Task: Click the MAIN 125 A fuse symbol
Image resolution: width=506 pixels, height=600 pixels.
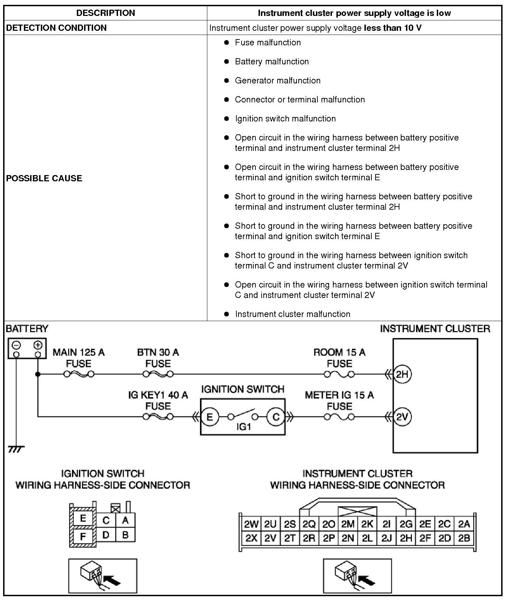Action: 79,374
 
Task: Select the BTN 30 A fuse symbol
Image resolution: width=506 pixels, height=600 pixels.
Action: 158,374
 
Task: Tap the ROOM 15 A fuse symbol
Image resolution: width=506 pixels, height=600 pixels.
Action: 339,374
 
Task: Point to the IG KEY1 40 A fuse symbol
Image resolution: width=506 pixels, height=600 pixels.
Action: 158,417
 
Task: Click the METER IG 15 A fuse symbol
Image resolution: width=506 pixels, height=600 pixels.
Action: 339,417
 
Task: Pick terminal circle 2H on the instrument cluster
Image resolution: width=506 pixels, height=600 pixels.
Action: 402,374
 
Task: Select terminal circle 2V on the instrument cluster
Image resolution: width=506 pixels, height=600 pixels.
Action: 402,417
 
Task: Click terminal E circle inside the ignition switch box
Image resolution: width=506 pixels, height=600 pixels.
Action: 210,417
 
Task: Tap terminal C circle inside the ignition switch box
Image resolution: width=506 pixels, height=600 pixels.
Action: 276,417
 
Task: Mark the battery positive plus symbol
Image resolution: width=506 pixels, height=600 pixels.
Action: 38,345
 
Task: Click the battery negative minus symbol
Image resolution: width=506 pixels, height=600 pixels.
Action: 16,345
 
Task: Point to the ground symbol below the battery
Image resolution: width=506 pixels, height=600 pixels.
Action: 16,449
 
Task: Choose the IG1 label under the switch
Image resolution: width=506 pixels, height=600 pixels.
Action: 243,427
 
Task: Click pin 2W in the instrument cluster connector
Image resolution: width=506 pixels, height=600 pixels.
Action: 251,524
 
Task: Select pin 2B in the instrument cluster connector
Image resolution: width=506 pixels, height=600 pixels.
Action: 464,538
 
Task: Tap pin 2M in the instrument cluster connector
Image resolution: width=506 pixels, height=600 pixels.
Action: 348,524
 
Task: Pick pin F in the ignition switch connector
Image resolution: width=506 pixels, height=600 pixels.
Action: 83,537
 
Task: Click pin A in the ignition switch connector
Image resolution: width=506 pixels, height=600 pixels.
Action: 125,520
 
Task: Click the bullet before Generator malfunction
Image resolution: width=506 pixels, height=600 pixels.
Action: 227,80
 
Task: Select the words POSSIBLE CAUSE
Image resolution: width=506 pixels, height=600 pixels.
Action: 44,178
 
